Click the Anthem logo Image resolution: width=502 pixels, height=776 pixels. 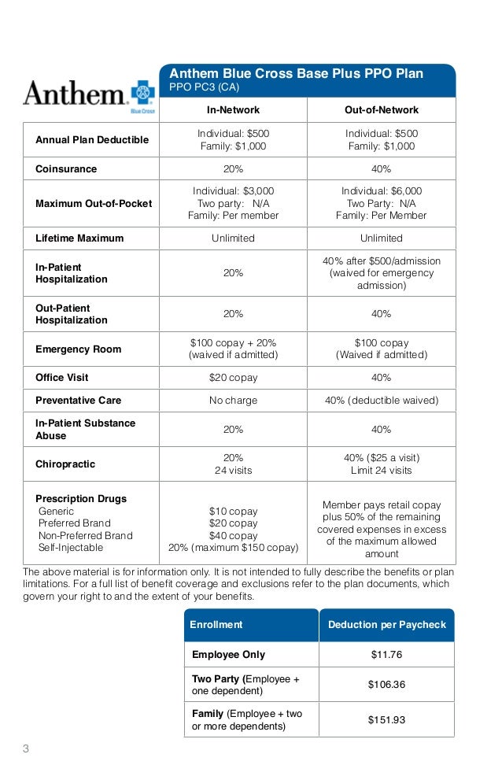[89, 96]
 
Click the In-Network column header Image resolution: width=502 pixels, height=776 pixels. [233, 110]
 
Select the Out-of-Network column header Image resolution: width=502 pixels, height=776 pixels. [382, 110]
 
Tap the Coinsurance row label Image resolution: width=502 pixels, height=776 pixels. [66, 169]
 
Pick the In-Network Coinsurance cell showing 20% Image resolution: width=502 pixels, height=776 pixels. [233, 169]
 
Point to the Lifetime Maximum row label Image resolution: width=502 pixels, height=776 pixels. [79, 238]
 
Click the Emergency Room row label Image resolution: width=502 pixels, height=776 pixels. [79, 349]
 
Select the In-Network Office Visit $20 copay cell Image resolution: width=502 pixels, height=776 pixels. [233, 378]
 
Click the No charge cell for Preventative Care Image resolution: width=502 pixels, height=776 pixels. [233, 401]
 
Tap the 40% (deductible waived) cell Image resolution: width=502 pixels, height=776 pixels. [382, 401]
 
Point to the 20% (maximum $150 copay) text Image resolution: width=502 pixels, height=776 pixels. [233, 548]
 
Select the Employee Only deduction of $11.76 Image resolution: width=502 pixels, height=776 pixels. [386, 654]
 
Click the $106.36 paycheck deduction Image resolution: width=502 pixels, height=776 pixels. [386, 685]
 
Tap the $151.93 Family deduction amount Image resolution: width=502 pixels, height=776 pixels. [386, 719]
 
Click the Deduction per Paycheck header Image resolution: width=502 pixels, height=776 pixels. [386, 625]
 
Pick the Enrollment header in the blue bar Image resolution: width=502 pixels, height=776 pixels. [216, 625]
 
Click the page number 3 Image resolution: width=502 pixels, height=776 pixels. [25, 748]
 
